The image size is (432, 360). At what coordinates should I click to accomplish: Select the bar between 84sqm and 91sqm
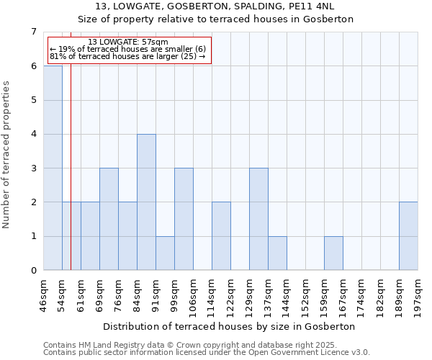(146, 202)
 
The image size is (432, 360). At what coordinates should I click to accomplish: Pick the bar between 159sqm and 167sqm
(333, 253)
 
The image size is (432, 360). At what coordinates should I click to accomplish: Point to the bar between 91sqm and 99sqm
(165, 253)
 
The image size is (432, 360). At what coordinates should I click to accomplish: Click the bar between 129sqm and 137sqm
(258, 220)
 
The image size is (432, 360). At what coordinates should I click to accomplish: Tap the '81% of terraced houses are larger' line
(127, 56)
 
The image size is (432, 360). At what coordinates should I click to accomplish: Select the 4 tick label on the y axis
(33, 134)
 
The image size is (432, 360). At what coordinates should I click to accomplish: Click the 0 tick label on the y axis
(33, 271)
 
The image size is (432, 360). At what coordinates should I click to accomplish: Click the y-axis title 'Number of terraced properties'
(6, 154)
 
